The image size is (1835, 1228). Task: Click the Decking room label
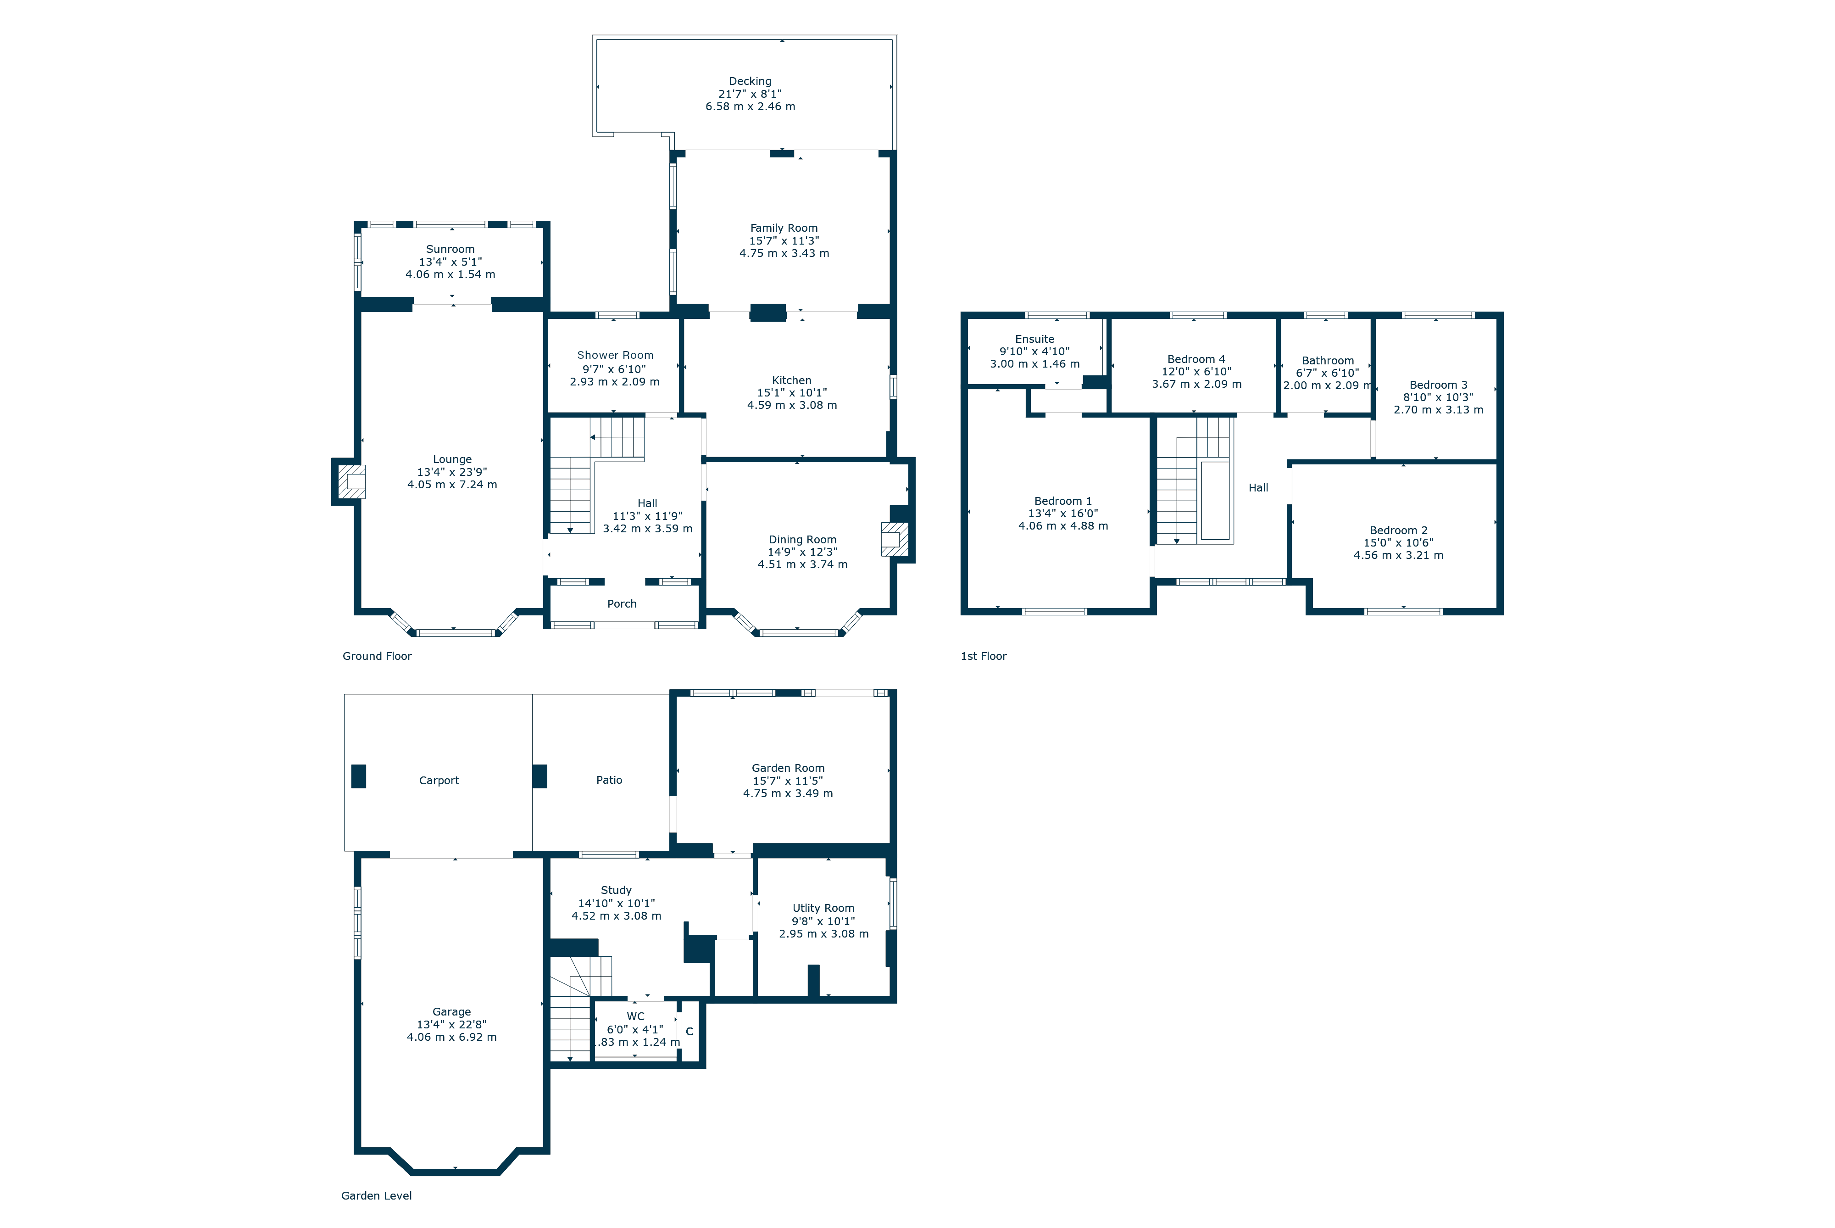750,81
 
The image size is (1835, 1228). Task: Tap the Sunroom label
450,249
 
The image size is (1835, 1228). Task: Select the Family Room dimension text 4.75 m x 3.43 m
784,253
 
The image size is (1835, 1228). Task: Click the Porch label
623,604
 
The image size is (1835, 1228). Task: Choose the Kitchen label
791,380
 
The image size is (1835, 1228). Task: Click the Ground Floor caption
377,656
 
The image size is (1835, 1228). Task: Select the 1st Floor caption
983,656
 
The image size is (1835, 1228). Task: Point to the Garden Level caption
377,1196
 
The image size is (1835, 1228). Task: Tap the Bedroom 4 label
1196,359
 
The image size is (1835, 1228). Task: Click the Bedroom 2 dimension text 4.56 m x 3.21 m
1399,555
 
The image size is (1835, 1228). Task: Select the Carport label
439,781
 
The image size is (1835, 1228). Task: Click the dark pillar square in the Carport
359,776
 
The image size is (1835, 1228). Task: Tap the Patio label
609,780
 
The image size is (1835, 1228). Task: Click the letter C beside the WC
690,1032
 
